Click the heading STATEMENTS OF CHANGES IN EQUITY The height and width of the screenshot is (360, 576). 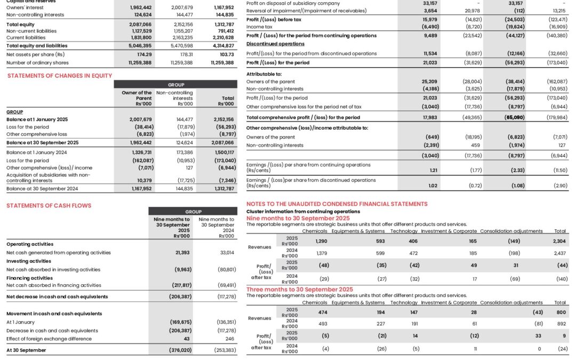click(60, 76)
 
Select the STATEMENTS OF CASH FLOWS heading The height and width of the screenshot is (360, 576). click(49, 205)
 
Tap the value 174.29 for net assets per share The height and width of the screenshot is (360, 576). click(141, 54)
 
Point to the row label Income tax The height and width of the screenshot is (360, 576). click(260, 26)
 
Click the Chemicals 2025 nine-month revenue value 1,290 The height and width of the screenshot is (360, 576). click(322, 242)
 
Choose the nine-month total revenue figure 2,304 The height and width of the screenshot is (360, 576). click(559, 242)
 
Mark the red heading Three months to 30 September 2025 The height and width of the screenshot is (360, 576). click(299, 289)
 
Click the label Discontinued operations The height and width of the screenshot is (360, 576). click(275, 44)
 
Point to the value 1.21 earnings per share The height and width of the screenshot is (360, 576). click(434, 170)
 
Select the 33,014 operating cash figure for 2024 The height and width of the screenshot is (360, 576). click(227, 252)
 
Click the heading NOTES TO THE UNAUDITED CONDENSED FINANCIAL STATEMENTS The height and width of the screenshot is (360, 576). click(337, 204)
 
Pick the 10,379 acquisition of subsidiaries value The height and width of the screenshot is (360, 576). click(143, 180)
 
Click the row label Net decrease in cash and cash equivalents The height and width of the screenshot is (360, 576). click(57, 297)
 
